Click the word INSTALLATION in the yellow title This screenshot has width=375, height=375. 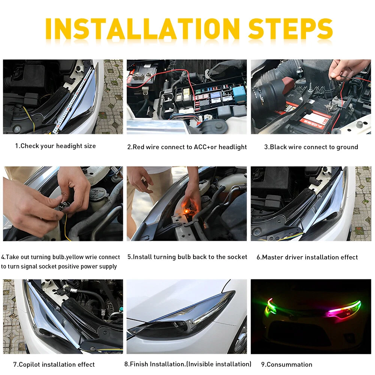tap(142, 29)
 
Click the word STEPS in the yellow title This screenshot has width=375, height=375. tap(291, 29)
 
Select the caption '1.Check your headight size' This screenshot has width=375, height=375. tap(55, 146)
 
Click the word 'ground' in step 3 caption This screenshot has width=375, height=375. tap(347, 147)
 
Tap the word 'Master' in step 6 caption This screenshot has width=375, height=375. tap(273, 257)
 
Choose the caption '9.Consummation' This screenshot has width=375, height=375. tap(287, 364)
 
